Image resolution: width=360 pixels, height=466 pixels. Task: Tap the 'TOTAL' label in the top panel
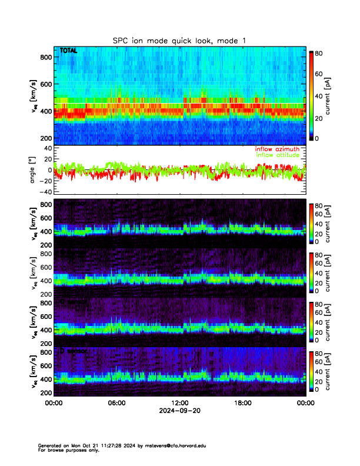(69, 52)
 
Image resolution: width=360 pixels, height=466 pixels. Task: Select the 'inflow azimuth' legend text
(277, 149)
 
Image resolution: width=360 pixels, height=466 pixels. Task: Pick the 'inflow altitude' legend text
(277, 156)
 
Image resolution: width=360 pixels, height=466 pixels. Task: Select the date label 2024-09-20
(179, 411)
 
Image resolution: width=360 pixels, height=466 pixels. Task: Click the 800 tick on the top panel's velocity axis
(45, 57)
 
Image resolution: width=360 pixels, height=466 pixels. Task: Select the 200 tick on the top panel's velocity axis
(45, 138)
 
